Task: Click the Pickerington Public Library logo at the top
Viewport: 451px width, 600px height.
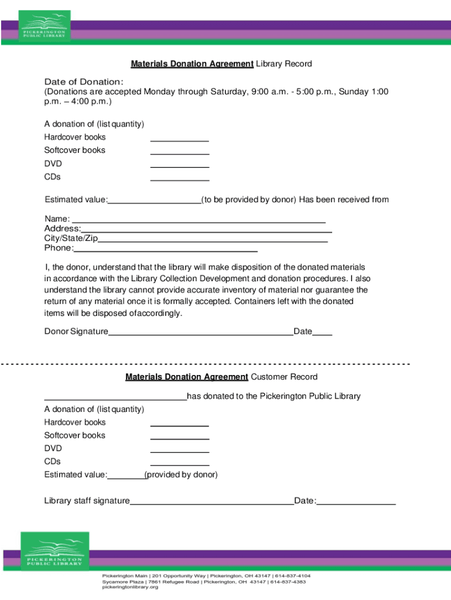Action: (45, 26)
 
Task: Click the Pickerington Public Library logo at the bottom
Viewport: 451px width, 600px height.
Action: (54, 551)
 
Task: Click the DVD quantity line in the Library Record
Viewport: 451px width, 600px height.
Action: (179, 166)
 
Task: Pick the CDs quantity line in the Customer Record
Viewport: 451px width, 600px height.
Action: (179, 464)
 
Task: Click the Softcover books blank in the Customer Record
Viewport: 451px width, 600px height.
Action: (179, 438)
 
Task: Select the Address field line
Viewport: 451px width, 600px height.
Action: (206, 231)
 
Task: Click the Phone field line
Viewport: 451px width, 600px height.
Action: (165, 250)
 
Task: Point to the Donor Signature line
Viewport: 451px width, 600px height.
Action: (200, 334)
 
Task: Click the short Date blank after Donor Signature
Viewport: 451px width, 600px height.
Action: (322, 334)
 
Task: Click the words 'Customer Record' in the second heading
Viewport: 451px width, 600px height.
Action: (284, 377)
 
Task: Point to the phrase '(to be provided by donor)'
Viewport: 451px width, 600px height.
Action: (249, 200)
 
